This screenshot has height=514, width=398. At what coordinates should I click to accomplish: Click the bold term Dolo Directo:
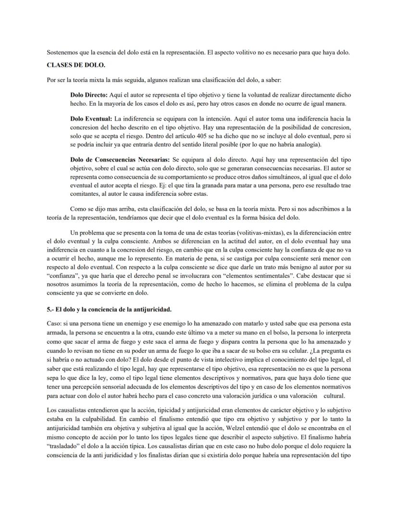click(89, 95)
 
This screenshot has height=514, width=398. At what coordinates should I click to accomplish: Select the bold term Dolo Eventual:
click(90, 118)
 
